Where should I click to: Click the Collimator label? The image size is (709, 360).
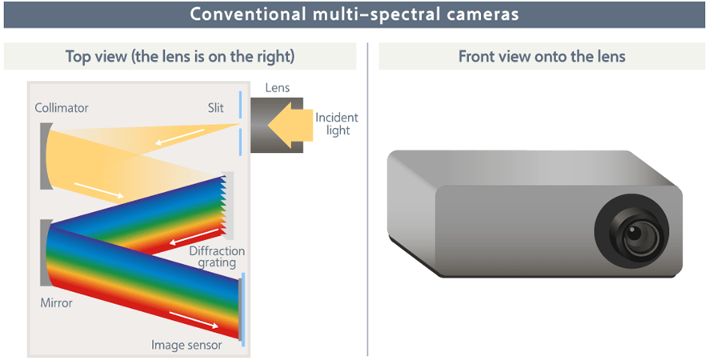pos(62,108)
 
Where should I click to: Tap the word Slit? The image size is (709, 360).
pos(216,108)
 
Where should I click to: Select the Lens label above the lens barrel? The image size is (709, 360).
pos(277,88)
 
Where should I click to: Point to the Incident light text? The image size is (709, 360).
pos(336,124)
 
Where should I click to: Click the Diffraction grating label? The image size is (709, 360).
pos(217,257)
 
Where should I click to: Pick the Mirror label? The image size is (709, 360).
pos(57,302)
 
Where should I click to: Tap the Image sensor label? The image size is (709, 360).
pos(186,345)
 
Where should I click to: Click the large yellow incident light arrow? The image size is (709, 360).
pos(290,124)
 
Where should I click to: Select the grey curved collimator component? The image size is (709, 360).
pos(46,156)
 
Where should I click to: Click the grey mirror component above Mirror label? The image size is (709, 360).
pos(46,253)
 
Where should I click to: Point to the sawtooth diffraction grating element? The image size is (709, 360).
pos(227,206)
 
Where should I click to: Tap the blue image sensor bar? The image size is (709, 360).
pos(243,310)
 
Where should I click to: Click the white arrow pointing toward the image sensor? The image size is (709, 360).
pos(194,319)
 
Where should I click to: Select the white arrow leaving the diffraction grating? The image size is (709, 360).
pos(195,237)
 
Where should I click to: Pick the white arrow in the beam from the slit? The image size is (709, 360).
pos(180,137)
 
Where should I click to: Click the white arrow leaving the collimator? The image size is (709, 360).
pos(99,190)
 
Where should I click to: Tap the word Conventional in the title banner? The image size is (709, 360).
pos(248,14)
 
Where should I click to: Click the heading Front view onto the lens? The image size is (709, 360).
pos(542,57)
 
